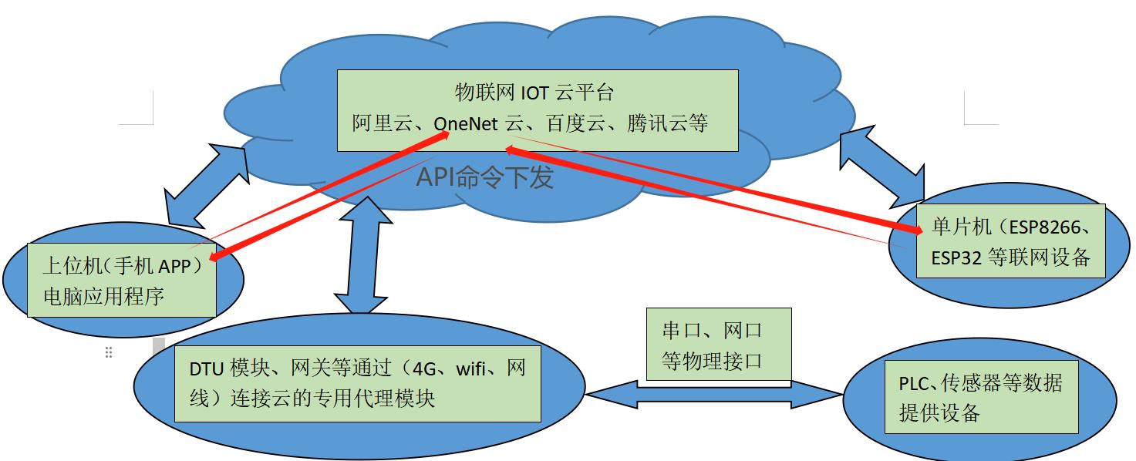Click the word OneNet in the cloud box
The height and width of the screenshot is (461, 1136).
(466, 123)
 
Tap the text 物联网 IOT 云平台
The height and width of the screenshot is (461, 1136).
(534, 93)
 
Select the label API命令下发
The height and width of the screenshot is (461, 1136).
(485, 177)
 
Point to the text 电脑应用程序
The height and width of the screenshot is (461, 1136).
(103, 296)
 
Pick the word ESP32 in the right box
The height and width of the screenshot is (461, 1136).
(956, 258)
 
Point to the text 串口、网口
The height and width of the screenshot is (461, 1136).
(712, 331)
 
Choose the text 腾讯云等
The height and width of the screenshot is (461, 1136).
(668, 123)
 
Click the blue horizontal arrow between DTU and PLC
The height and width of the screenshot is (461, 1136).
(713, 395)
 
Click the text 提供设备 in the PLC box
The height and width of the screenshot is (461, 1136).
(939, 413)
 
